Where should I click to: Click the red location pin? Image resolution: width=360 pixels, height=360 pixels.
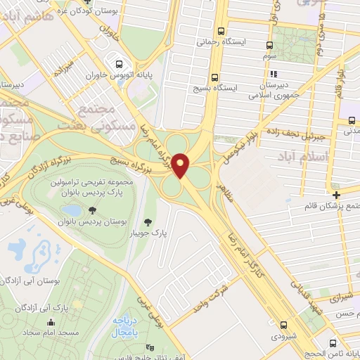coord(181,165)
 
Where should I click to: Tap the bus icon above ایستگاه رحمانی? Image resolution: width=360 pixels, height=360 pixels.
coord(221,32)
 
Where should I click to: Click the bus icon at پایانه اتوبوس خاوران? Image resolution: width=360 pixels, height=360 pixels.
coord(119,62)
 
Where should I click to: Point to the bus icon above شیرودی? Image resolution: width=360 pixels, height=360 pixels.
coord(283,325)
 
